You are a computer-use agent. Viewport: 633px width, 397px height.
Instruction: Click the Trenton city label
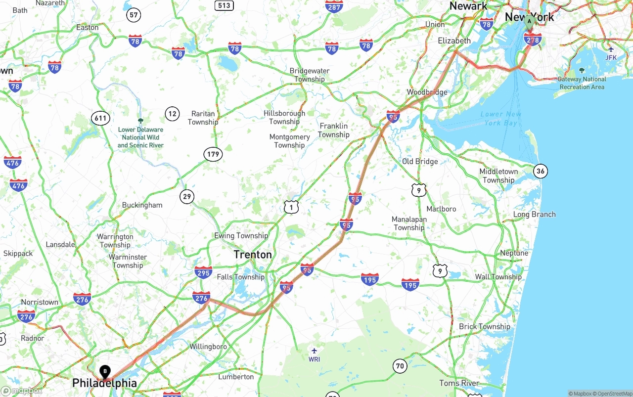(x=253, y=255)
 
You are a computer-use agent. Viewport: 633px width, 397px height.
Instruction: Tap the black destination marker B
(x=105, y=371)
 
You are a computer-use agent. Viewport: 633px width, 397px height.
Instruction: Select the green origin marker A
(x=529, y=21)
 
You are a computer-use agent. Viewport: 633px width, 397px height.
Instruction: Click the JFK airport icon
(x=611, y=49)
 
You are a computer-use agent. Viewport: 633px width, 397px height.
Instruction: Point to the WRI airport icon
(x=314, y=351)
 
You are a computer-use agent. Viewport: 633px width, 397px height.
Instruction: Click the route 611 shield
(x=100, y=118)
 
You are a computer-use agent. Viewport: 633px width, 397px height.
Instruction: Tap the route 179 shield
(x=213, y=154)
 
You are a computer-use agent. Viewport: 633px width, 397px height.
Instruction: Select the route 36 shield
(x=541, y=172)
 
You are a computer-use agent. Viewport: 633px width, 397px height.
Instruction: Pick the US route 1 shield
(x=291, y=207)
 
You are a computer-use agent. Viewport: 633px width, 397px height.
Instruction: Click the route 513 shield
(x=224, y=5)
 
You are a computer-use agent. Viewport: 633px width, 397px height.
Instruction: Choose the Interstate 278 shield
(x=532, y=39)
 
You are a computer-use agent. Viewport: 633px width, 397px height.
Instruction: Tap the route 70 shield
(x=400, y=366)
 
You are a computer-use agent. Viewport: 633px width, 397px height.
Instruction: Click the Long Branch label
(x=534, y=215)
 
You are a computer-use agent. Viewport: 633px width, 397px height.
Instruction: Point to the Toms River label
(x=459, y=383)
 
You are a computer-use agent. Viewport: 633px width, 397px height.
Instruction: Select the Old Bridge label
(x=420, y=162)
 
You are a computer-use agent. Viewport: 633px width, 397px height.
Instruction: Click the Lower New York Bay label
(x=500, y=118)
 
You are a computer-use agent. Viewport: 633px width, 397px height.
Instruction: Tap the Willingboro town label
(x=208, y=347)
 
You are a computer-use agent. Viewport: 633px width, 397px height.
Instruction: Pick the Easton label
(x=88, y=28)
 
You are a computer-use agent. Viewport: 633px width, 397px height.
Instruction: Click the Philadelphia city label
(x=104, y=383)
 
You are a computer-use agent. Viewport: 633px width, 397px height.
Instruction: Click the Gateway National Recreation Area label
(x=582, y=83)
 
